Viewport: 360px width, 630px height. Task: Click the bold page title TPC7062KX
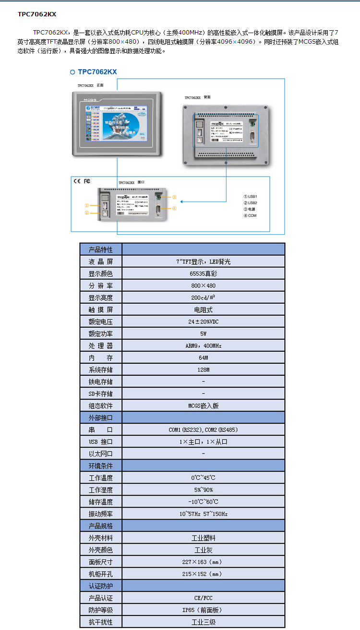coord(37,14)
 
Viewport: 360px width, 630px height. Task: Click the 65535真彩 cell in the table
coord(203,274)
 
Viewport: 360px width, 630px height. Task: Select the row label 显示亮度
coord(101,298)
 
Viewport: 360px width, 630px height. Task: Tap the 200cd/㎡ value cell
coord(203,298)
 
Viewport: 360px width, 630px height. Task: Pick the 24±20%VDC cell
coord(203,322)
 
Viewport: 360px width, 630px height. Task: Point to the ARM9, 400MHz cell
coord(203,346)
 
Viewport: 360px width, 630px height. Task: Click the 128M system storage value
coord(203,370)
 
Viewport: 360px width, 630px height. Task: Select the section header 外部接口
coord(101,418)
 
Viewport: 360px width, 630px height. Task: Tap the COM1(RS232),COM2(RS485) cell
coord(203,430)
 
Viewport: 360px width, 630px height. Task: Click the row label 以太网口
coord(101,454)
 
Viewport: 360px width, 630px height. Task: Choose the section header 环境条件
coord(101,466)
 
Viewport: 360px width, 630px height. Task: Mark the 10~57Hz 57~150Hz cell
coord(203,514)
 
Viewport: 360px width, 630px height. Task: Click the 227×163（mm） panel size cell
coord(203,562)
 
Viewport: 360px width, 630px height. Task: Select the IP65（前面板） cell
coord(203,610)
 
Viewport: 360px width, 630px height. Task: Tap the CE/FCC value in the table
coord(203,598)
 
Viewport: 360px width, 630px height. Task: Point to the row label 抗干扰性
coord(101,622)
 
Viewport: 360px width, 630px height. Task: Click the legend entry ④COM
coord(250,215)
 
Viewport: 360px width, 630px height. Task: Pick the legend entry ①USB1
coord(250,197)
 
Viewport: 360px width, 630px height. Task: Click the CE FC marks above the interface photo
coord(82,181)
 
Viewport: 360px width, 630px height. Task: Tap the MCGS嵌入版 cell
coord(203,406)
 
